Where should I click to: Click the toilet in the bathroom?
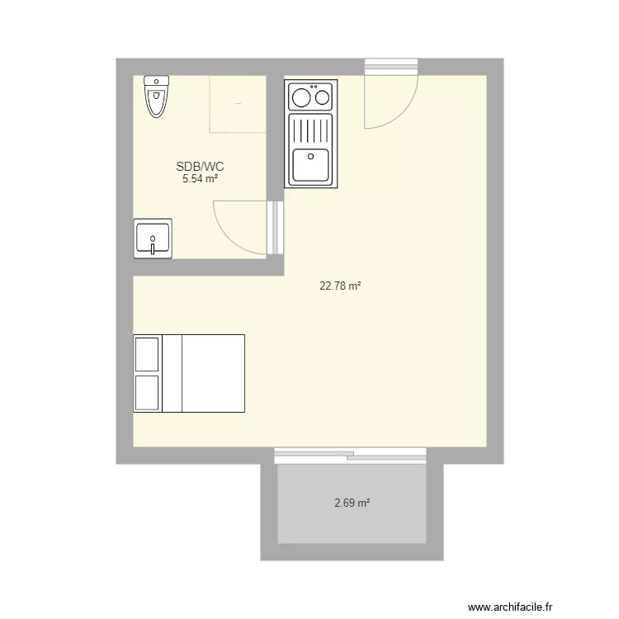click(x=156, y=97)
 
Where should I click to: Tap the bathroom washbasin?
click(x=153, y=239)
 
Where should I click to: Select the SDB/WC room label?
click(x=201, y=167)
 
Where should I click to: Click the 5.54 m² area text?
click(x=201, y=179)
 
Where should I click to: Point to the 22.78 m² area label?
click(x=340, y=286)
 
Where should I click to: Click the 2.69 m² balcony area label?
click(x=352, y=503)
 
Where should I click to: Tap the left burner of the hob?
click(x=301, y=97)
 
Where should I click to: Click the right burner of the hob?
click(x=323, y=97)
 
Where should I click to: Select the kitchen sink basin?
click(x=310, y=164)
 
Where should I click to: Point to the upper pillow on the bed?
click(x=147, y=354)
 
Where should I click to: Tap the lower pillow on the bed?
click(x=147, y=393)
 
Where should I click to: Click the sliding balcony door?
click(x=350, y=456)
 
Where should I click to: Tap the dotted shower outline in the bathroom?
click(x=210, y=104)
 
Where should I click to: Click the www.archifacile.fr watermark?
click(x=510, y=607)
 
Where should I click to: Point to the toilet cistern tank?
click(x=156, y=82)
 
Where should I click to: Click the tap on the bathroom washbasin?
click(x=153, y=246)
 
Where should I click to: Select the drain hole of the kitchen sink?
click(x=310, y=157)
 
